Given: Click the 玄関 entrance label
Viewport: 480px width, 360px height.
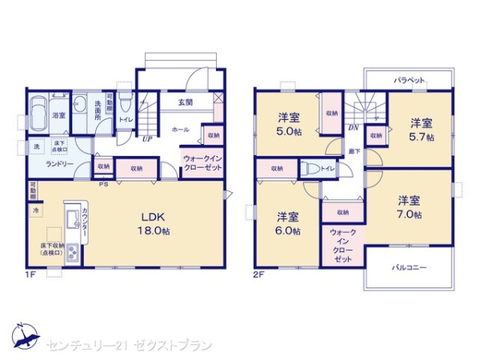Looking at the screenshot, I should point(185,102).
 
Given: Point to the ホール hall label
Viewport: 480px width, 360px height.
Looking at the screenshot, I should point(180,128).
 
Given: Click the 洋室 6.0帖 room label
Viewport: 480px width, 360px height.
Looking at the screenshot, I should point(289,223).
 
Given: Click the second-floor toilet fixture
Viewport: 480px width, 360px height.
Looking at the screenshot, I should point(310,168).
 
